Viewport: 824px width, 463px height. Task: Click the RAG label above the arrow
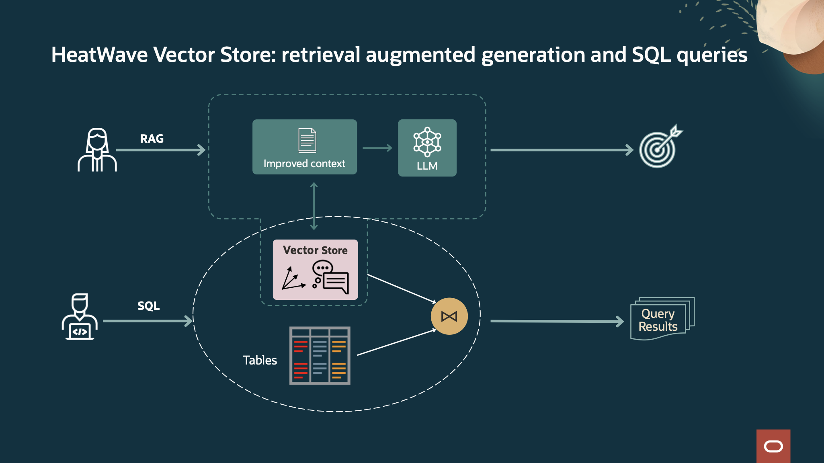[x=152, y=139]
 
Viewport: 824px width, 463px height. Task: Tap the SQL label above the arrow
[x=148, y=306]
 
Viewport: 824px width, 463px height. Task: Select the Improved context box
[x=304, y=147]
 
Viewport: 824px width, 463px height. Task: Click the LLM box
[x=427, y=148]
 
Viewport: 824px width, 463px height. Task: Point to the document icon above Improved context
[x=307, y=140]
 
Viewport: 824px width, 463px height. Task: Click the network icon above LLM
[x=427, y=142]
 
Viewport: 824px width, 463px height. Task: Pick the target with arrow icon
[x=659, y=147]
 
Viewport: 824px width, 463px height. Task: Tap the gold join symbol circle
[x=449, y=316]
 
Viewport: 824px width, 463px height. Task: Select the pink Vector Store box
[x=315, y=270]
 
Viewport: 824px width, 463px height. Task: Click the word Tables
[x=260, y=360]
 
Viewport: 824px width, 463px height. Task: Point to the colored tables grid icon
[x=320, y=356]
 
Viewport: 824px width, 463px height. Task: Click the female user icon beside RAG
[x=97, y=150]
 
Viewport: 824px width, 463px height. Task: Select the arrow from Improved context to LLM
[x=377, y=148]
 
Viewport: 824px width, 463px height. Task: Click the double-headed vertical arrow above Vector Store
[x=314, y=206]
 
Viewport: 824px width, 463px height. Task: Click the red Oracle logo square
[x=773, y=446]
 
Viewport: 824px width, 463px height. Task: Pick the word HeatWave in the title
[x=99, y=55]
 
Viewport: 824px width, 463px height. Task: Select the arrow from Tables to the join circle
[x=396, y=342]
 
